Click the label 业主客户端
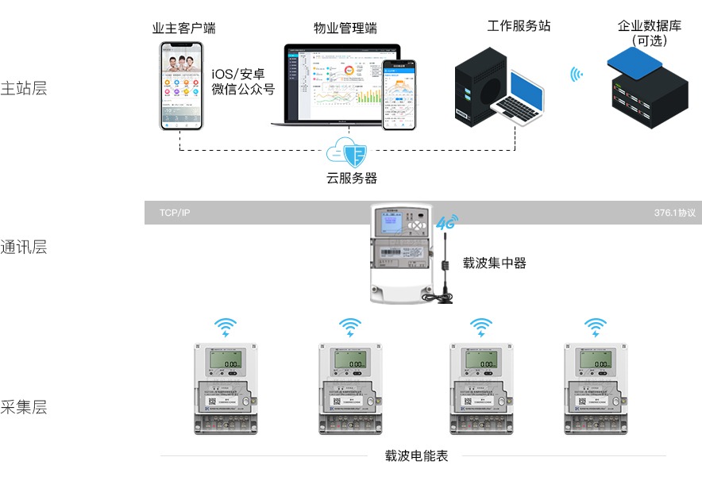[x=183, y=29]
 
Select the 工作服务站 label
[x=519, y=26]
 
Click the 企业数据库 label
[x=650, y=25]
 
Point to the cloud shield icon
[x=350, y=151]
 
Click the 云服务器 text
[x=351, y=178]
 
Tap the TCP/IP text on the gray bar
[x=175, y=213]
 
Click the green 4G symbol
[x=444, y=223]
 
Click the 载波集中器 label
[x=495, y=263]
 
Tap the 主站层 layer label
[x=24, y=88]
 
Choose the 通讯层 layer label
[x=24, y=248]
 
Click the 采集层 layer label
[x=24, y=408]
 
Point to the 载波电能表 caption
[x=417, y=456]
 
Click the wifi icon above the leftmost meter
[x=226, y=327]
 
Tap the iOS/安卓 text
[x=242, y=74]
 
